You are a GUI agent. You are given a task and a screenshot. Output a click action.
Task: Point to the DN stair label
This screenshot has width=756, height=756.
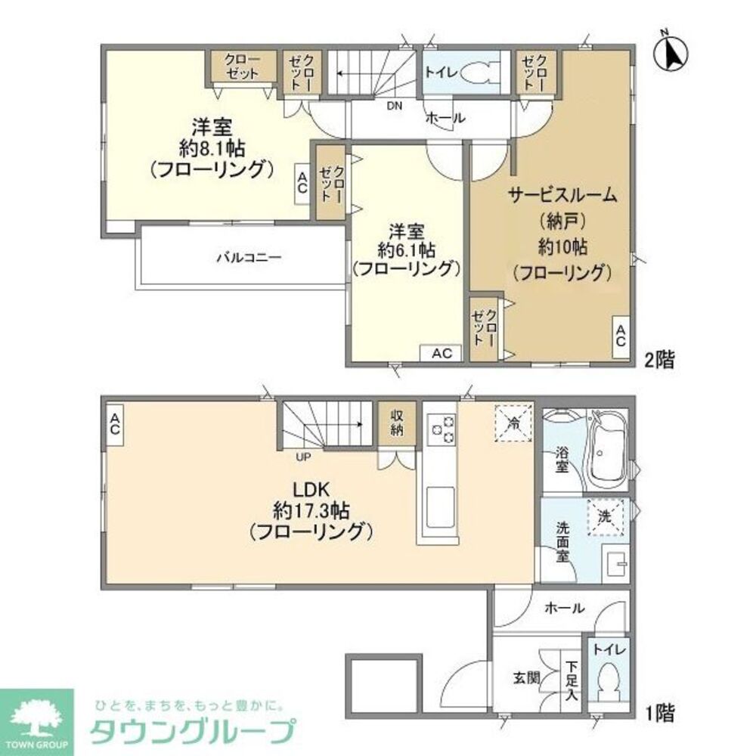click(394, 106)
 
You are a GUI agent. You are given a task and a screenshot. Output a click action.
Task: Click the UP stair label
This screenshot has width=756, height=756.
click(302, 455)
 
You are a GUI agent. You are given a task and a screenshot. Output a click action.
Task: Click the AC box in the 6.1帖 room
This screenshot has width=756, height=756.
click(442, 353)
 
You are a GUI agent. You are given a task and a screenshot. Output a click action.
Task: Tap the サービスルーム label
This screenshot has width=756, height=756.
click(562, 195)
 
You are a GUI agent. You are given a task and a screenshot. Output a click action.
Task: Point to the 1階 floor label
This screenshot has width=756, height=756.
click(658, 711)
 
